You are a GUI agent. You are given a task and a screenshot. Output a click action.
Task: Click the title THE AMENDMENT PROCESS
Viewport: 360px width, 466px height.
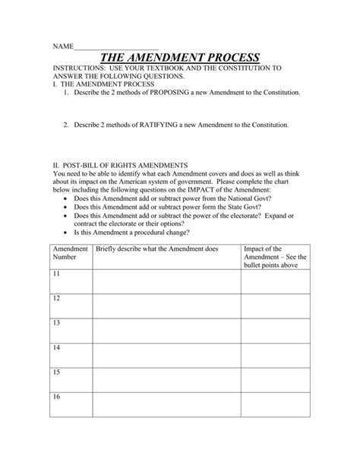pyautogui.click(x=180, y=58)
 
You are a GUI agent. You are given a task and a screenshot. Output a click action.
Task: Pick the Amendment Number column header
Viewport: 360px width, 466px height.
pyautogui.click(x=69, y=252)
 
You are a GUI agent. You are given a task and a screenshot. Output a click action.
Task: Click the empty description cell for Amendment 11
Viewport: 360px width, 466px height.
pyautogui.click(x=166, y=281)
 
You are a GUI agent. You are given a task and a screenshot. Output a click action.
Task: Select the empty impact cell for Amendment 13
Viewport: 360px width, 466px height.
pyautogui.click(x=275, y=329)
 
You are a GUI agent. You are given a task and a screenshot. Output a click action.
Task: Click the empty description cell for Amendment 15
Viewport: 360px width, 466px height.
pyautogui.click(x=166, y=379)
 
